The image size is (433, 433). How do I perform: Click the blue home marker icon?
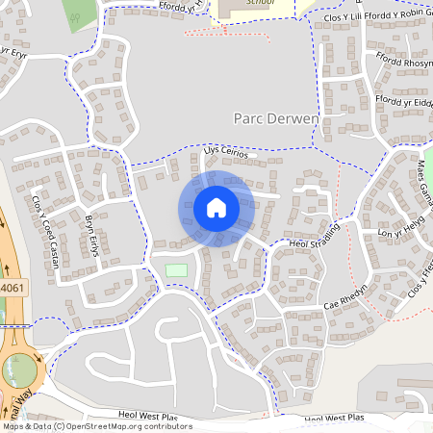216,208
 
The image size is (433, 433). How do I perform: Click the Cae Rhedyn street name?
347,294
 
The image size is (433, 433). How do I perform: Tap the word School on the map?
260,3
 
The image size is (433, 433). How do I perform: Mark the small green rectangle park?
176,270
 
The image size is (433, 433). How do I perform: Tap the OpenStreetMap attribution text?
96,426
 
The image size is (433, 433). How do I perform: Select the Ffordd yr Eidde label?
405,101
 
